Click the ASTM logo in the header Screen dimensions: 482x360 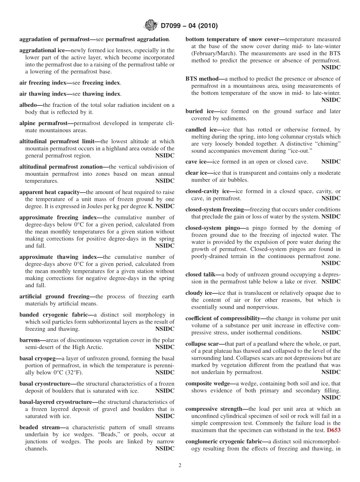[151, 26]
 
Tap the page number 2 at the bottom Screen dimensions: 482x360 [180, 466]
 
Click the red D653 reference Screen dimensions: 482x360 [333, 430]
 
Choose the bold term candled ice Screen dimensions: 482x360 [201, 130]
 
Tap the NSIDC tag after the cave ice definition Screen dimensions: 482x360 [331, 162]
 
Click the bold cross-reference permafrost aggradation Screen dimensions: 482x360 [137, 39]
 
